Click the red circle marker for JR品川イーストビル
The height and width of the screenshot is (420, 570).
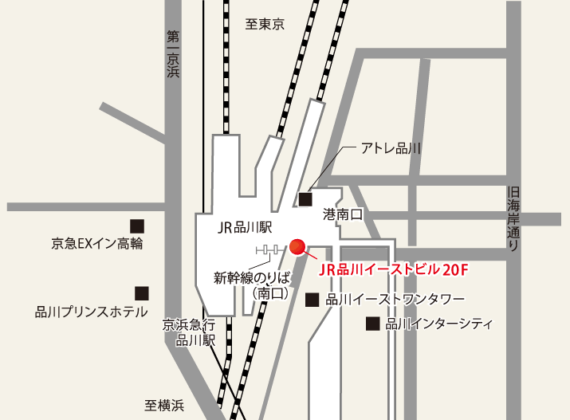(297, 247)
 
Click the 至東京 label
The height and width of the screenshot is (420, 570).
(264, 24)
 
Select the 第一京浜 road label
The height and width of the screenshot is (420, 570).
(173, 54)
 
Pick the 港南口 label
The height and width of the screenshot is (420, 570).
(343, 214)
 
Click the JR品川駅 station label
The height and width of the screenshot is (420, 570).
(242, 227)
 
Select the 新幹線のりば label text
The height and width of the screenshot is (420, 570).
(250, 278)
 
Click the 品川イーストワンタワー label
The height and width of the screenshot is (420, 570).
(395, 300)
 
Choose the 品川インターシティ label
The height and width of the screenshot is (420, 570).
(439, 324)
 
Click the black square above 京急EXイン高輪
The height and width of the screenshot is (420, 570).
(137, 226)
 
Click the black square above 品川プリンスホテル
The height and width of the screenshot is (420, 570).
(141, 293)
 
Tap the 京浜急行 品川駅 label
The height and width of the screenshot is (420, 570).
(189, 332)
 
